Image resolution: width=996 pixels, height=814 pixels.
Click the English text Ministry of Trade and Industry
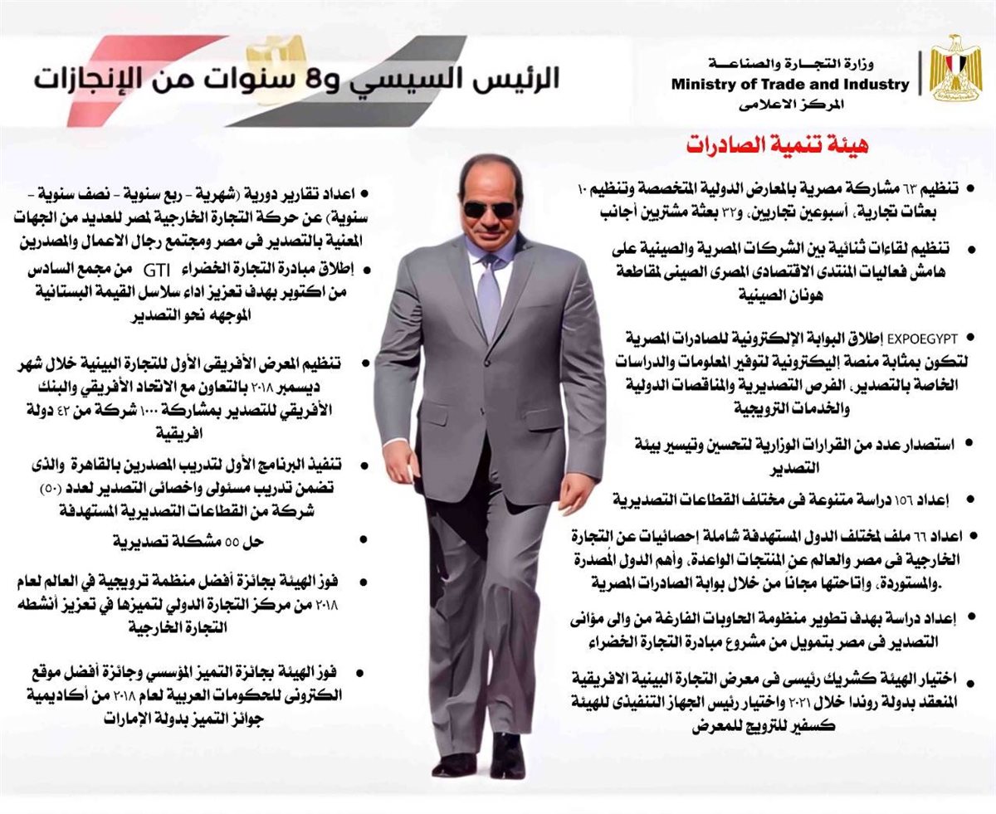coord(789,85)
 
